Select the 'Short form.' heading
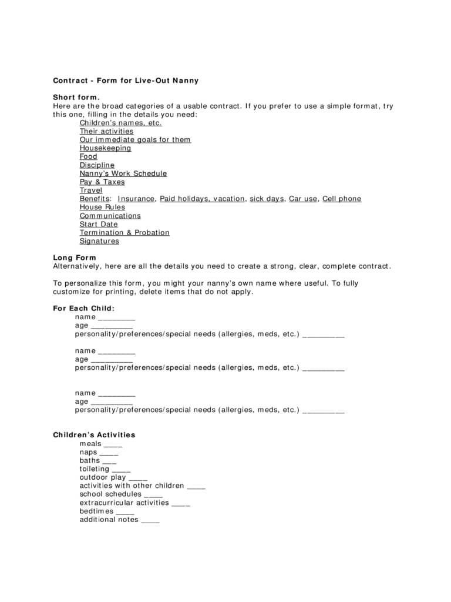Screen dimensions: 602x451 point(76,98)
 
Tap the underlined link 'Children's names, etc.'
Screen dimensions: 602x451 point(120,123)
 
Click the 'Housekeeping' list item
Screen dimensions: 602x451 point(105,148)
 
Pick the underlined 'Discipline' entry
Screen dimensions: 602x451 point(97,165)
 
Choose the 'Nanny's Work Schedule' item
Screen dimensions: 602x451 point(123,173)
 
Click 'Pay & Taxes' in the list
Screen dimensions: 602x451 point(102,182)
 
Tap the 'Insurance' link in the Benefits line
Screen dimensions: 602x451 point(136,199)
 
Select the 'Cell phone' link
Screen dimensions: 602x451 point(342,199)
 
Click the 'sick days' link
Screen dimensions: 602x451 point(267,199)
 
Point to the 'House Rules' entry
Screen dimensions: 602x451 point(102,207)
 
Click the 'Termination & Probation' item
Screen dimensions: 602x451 point(124,233)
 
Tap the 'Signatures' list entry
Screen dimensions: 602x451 point(99,241)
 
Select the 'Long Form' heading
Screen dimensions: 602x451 point(74,257)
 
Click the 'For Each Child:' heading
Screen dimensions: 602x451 point(83,308)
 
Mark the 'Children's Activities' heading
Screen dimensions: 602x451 point(94,435)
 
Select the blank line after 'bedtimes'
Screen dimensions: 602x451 point(125,513)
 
